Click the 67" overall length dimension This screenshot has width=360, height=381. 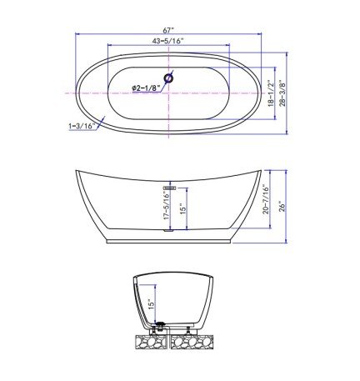[x=168, y=29]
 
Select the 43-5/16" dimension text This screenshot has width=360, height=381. [x=168, y=41]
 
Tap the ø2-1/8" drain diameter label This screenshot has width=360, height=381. [x=146, y=88]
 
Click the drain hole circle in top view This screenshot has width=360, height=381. [x=168, y=78]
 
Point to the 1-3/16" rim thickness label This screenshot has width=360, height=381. [x=82, y=126]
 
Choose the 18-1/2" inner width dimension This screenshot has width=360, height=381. [x=270, y=93]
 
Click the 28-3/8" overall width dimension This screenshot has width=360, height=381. [x=282, y=93]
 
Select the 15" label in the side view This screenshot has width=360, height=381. [x=182, y=208]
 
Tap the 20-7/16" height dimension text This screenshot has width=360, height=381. [x=266, y=199]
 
